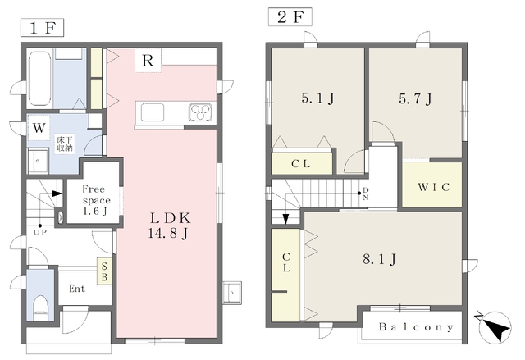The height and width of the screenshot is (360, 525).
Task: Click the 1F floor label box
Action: coord(42,28)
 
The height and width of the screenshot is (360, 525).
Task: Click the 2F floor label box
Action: coord(290,17)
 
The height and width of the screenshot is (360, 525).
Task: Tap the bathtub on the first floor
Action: coord(39,78)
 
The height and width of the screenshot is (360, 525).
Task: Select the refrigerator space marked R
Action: coord(148,60)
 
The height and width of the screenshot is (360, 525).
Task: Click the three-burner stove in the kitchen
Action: coord(200,112)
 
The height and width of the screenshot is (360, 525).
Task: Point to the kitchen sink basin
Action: coord(153,112)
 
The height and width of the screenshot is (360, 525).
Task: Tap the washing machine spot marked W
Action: coord(39,128)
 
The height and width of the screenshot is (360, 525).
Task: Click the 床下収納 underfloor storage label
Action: coord(66,144)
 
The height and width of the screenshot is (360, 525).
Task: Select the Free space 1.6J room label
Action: coord(95,200)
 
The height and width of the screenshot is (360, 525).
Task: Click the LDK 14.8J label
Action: coord(169,226)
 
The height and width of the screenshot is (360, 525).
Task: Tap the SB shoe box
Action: coord(104,271)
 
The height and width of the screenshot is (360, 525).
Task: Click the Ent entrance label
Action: coord(77,289)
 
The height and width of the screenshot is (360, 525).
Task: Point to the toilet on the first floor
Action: coord(41,308)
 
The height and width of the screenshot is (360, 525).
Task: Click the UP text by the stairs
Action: coord(40,232)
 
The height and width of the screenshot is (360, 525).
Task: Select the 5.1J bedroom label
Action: coord(317,98)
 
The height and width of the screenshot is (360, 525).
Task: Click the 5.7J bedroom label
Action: coord(415,98)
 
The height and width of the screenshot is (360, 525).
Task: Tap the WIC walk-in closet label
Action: coord(434,187)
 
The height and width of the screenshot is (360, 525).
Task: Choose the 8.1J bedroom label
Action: coord(380,259)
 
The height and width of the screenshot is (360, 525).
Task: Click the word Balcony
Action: coord(416,327)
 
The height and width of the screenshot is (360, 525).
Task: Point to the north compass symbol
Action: coord(495,327)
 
